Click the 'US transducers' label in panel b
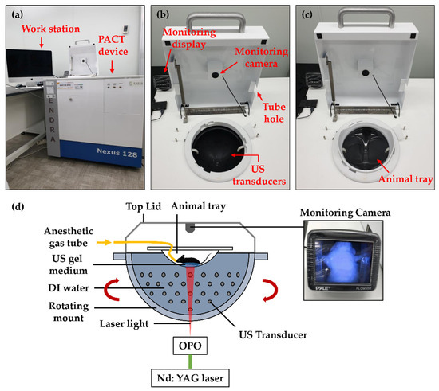pyautogui.click(x=257, y=170)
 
